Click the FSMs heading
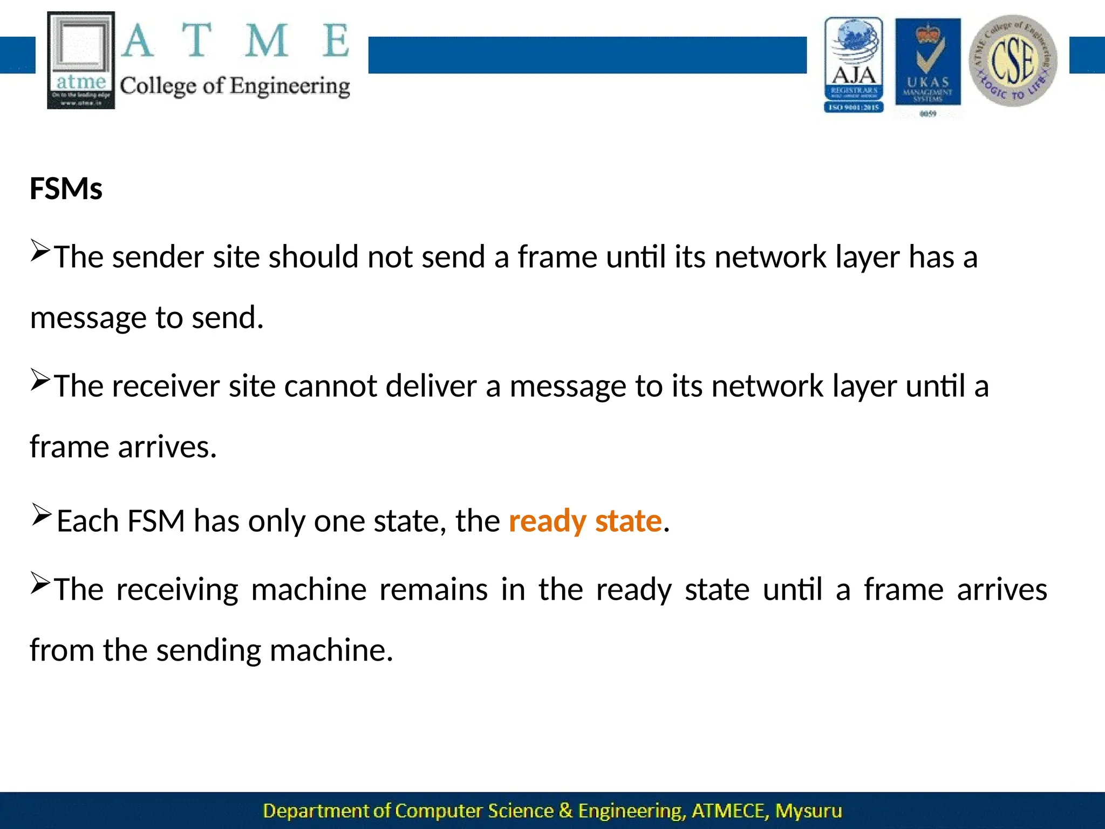point(66,189)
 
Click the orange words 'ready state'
point(585,521)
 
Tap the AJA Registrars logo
point(854,65)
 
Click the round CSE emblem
point(1013,60)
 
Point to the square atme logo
point(81,60)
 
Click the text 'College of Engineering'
point(235,86)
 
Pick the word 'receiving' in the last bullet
point(177,589)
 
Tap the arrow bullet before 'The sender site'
point(40,250)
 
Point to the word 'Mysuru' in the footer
point(808,811)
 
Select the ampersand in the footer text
point(565,811)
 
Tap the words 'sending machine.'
point(275,650)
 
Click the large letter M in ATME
point(266,41)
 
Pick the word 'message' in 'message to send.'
point(88,318)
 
